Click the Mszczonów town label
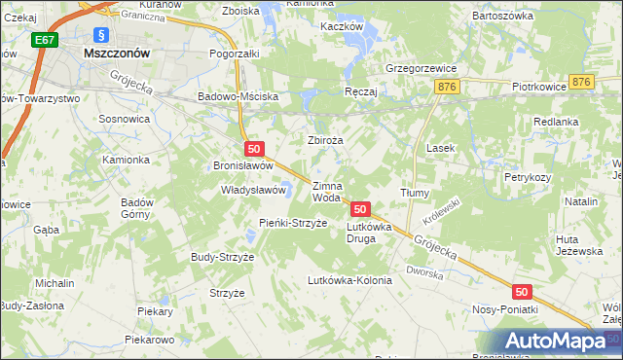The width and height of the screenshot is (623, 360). tap(116, 54)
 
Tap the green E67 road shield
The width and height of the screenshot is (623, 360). tap(43, 41)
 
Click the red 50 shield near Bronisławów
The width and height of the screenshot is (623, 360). tap(253, 149)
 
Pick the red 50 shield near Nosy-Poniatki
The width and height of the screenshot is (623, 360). tap(522, 292)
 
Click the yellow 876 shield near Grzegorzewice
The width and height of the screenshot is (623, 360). tap(448, 87)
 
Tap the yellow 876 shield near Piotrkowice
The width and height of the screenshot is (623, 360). tap(582, 83)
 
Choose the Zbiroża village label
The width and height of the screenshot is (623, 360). tap(326, 140)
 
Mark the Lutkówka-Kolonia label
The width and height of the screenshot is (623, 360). tap(348, 280)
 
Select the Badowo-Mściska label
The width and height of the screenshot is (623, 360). tap(238, 97)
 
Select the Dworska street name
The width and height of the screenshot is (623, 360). tap(425, 272)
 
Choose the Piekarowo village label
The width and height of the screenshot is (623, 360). tap(149, 341)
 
